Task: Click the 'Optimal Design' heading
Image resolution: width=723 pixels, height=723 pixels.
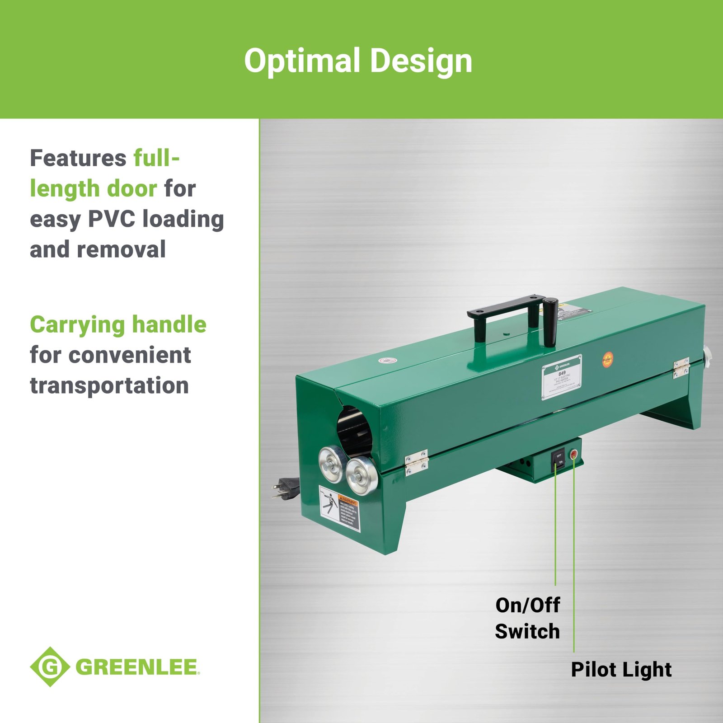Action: [x=358, y=61]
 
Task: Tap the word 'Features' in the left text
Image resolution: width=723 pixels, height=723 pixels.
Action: [x=78, y=158]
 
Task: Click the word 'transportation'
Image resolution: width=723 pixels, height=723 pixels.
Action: [x=109, y=385]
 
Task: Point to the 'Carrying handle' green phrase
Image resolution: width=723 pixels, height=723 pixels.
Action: [x=118, y=324]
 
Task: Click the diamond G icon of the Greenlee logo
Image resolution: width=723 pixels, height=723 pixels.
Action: [x=50, y=667]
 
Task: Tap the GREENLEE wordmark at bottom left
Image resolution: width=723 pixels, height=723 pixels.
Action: [x=137, y=667]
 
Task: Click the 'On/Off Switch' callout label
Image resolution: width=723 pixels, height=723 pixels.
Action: [x=527, y=618]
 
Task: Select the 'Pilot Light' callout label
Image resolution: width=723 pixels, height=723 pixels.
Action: [x=621, y=669]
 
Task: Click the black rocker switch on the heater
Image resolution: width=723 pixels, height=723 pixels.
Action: [x=559, y=459]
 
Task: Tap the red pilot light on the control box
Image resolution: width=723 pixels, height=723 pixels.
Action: [x=573, y=454]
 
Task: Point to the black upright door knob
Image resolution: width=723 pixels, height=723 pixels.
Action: [x=550, y=321]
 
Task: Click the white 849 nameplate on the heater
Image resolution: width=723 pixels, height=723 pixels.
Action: [x=562, y=376]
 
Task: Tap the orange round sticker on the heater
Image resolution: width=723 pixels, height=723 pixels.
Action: [x=608, y=359]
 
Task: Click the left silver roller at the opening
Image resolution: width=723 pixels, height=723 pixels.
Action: [x=332, y=463]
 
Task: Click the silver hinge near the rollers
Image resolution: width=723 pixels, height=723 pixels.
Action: [x=416, y=462]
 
